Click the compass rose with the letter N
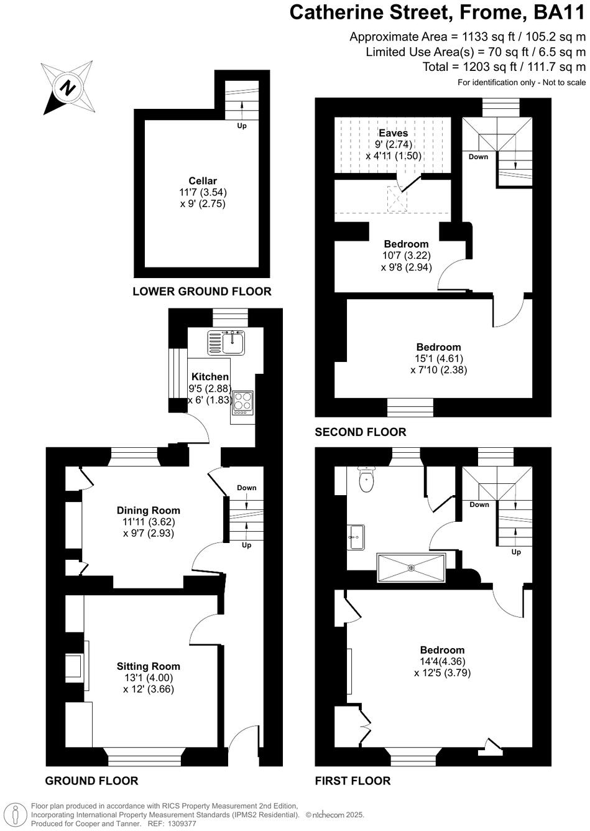pyautogui.click(x=67, y=87)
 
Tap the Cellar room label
pyautogui.click(x=203, y=181)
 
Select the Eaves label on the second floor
pyautogui.click(x=394, y=133)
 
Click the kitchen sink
pyautogui.click(x=228, y=341)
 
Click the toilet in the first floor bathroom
pyautogui.click(x=367, y=479)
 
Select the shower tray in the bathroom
pyautogui.click(x=410, y=567)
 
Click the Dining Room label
pyautogui.click(x=149, y=511)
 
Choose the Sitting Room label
pyautogui.click(x=149, y=666)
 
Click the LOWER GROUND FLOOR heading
pyautogui.click(x=202, y=291)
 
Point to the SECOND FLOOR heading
pyautogui.click(x=361, y=432)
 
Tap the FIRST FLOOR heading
pyautogui.click(x=353, y=781)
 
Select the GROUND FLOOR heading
pyautogui.click(x=92, y=781)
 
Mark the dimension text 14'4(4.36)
pyautogui.click(x=443, y=661)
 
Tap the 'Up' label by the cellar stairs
pyautogui.click(x=242, y=126)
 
